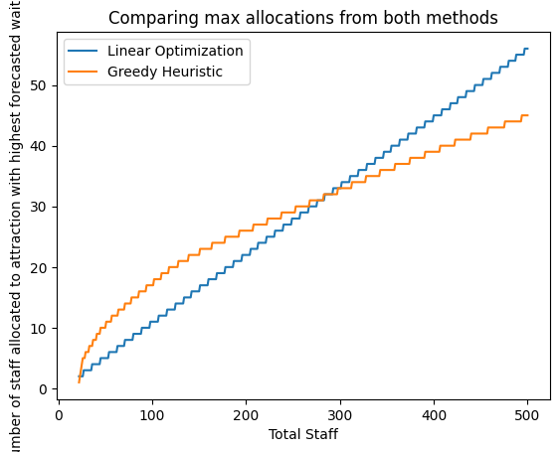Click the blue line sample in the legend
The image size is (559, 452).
click(x=85, y=51)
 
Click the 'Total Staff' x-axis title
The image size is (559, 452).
click(x=303, y=434)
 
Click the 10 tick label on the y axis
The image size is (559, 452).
click(x=36, y=328)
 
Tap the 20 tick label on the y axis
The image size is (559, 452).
click(x=36, y=267)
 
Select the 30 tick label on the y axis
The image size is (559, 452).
click(x=36, y=207)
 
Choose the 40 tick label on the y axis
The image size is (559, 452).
click(x=36, y=146)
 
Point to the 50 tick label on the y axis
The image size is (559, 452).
click(x=36, y=85)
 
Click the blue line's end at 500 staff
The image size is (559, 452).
click(x=527, y=49)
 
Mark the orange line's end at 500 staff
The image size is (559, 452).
click(x=527, y=115)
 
